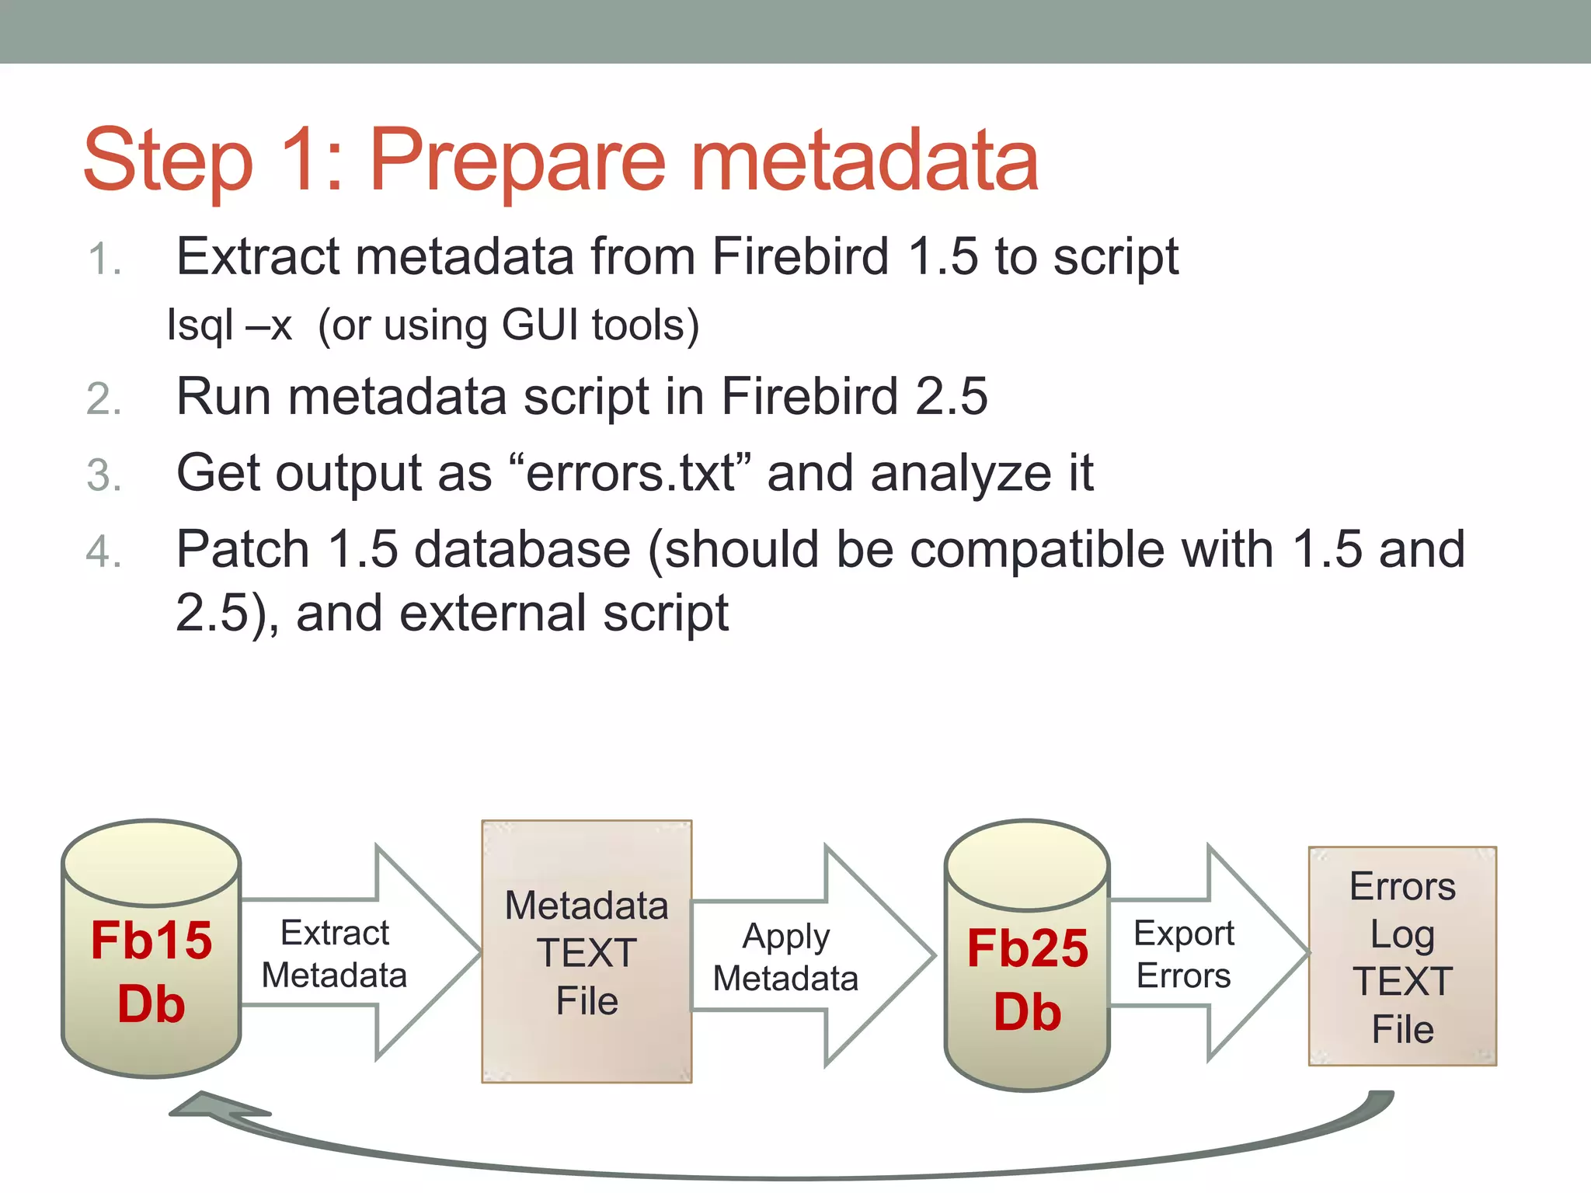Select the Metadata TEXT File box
[x=587, y=951]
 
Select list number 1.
[x=103, y=259]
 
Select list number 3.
[x=103, y=475]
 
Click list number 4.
[x=103, y=552]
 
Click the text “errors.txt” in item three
[x=630, y=472]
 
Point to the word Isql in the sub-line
[x=200, y=325]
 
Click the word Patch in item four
[x=243, y=549]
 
